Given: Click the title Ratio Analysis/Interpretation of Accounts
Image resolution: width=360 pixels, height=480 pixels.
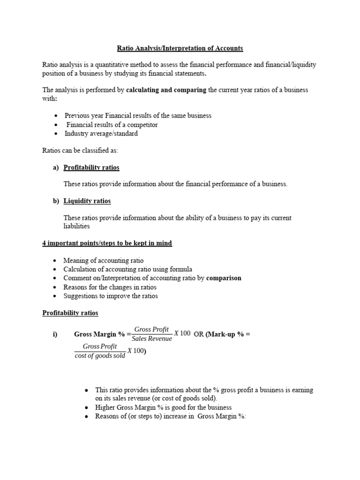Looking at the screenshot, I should tap(180, 48).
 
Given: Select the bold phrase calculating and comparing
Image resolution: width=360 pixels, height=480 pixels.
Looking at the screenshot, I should tap(166, 90).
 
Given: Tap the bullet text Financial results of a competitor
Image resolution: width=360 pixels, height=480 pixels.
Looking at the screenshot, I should tap(112, 125).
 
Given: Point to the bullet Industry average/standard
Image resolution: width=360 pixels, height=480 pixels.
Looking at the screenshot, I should tap(101, 134).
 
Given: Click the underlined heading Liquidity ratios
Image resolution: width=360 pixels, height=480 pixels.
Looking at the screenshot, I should tap(87, 201).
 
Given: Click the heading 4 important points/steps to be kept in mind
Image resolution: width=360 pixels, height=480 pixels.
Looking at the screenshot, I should tap(107, 243).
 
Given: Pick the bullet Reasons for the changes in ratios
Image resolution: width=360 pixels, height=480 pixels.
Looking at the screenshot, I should tap(110, 287).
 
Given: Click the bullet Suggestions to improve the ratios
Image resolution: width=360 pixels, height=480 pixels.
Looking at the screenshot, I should tap(111, 296).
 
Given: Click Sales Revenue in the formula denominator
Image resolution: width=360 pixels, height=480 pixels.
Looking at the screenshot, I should tap(152, 339).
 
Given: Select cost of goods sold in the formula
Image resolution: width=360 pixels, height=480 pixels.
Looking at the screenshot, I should tap(100, 356).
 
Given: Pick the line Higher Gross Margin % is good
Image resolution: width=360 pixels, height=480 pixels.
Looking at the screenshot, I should tap(163, 407).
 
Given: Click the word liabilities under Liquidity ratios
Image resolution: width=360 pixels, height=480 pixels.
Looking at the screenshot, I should tap(76, 226).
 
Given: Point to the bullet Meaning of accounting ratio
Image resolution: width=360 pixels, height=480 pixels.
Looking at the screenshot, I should tap(104, 260).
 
